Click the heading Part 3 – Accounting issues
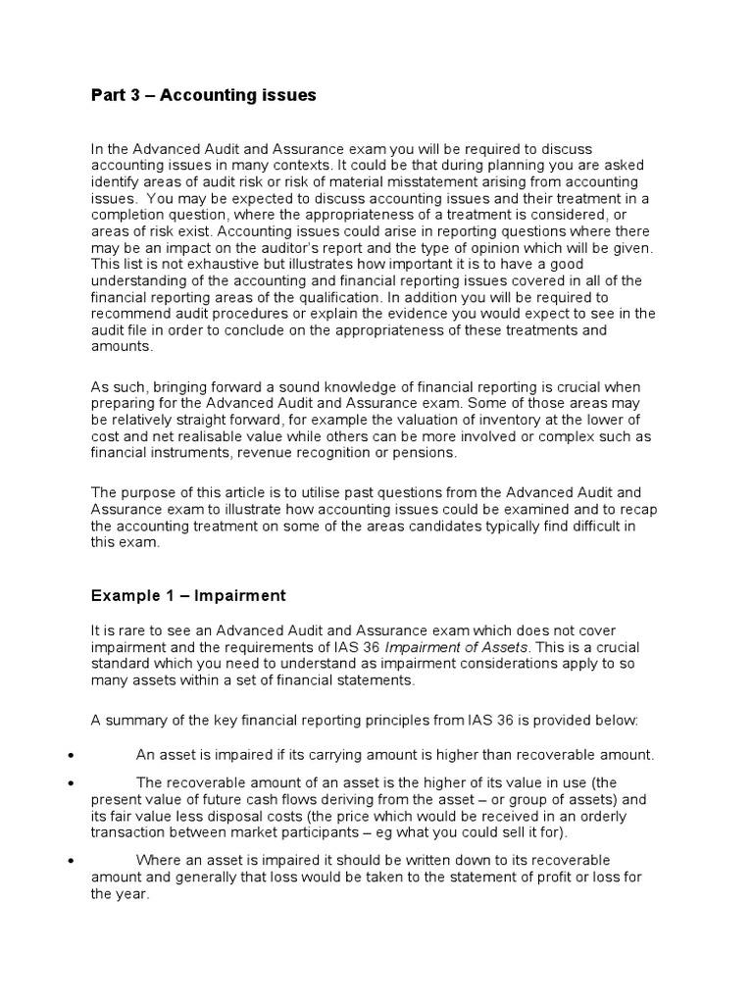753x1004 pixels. (204, 95)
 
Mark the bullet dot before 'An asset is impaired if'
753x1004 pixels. (71, 755)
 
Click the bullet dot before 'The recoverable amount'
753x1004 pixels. (71, 782)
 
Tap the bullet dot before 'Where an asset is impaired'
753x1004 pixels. (71, 859)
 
